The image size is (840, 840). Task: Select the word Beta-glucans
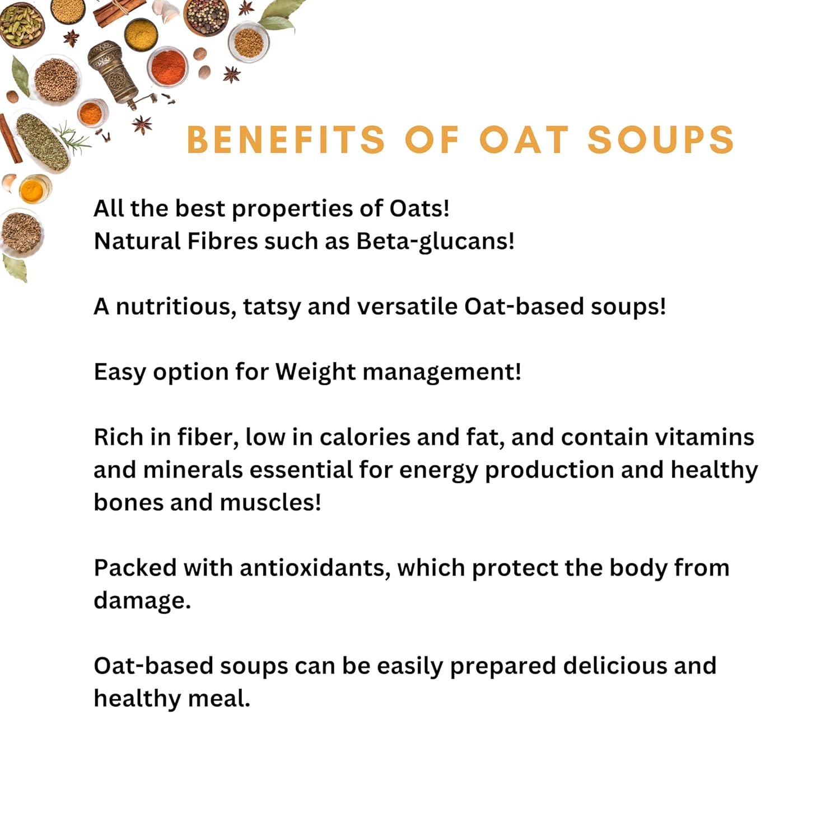point(435,242)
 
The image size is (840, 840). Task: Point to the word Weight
point(315,372)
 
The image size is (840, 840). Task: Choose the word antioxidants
point(315,568)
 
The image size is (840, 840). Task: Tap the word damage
point(142,601)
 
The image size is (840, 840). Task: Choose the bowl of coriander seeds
point(56,80)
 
